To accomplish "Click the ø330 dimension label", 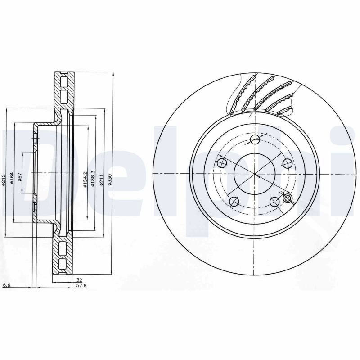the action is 109,180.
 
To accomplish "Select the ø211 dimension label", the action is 102,180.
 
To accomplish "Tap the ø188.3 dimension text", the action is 93,179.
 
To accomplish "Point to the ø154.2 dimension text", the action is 85,180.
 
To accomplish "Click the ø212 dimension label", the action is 3,180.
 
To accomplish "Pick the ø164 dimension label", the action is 12,178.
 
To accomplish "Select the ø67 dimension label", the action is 20,177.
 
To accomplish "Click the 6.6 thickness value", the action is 6,285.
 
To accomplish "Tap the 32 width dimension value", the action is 80,280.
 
